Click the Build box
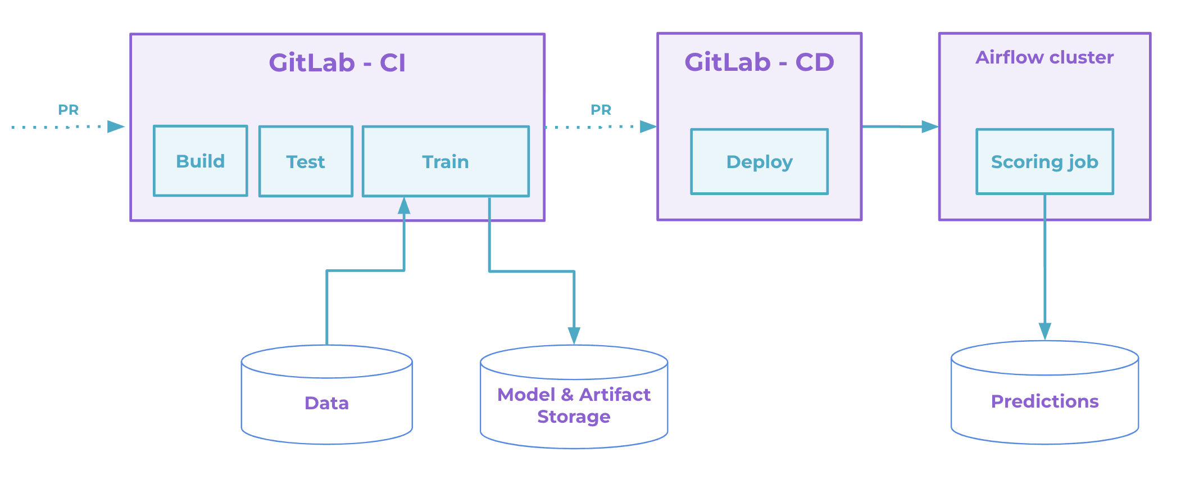(200, 161)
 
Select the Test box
(306, 161)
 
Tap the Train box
(446, 161)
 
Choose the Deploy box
(759, 162)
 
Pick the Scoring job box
(1044, 162)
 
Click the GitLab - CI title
(337, 62)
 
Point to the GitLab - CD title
(759, 62)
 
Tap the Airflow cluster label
(1044, 57)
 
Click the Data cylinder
(326, 403)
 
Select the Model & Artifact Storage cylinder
(574, 405)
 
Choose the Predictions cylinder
(1044, 401)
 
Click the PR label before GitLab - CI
(69, 110)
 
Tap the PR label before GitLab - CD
(601, 110)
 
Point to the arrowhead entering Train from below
(404, 206)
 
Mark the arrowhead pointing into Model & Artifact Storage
(574, 336)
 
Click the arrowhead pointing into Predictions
(1044, 331)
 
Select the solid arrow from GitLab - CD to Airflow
(899, 126)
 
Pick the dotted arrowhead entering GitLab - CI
(116, 126)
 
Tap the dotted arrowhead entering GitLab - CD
(648, 126)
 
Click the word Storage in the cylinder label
(574, 417)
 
